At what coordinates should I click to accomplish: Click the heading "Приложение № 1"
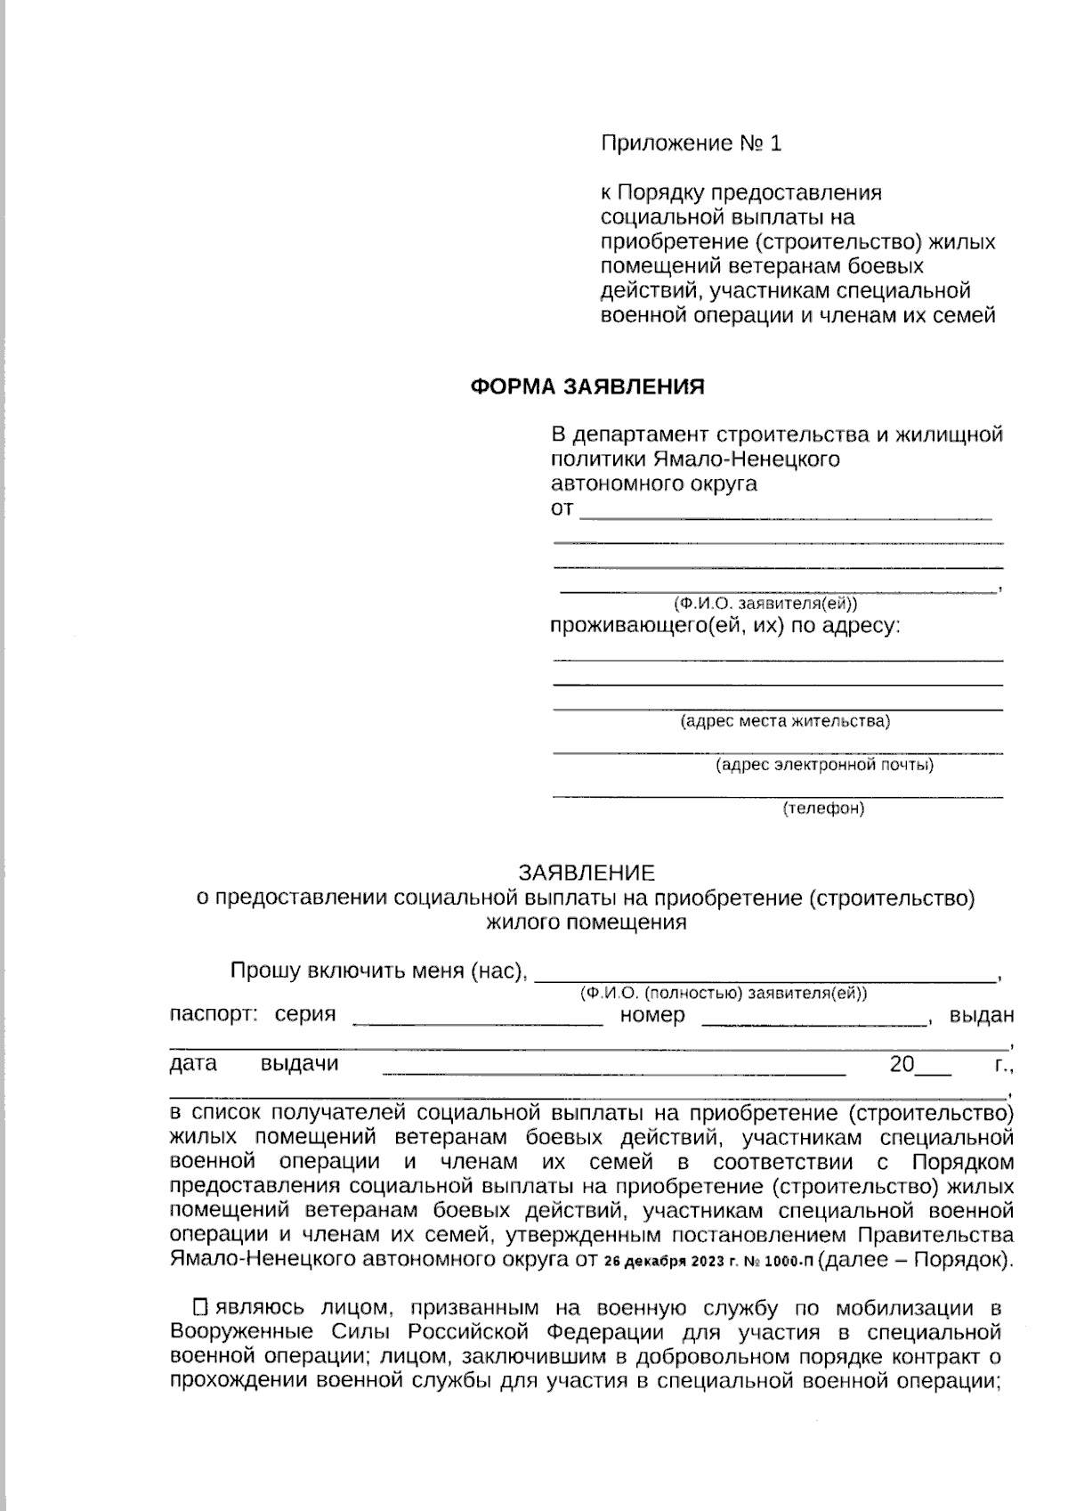pyautogui.click(x=691, y=143)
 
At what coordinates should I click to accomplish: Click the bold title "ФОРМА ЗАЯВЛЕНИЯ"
pyautogui.click(x=587, y=386)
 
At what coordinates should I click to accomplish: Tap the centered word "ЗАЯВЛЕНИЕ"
pyautogui.click(x=587, y=872)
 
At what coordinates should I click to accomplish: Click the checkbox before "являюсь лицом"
pyautogui.click(x=200, y=1307)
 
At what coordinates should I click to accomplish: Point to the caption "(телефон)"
pyautogui.click(x=823, y=808)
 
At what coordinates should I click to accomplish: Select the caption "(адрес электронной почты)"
pyautogui.click(x=824, y=764)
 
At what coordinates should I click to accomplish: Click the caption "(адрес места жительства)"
pyautogui.click(x=785, y=720)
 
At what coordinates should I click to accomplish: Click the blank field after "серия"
pyautogui.click(x=478, y=1020)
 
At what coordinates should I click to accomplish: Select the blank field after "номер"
pyautogui.click(x=814, y=1020)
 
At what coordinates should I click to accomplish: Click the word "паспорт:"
pyautogui.click(x=214, y=1014)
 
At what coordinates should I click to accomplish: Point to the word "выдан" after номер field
pyautogui.click(x=982, y=1014)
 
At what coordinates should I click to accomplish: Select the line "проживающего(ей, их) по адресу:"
pyautogui.click(x=725, y=626)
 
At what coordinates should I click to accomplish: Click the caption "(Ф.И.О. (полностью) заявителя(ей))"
pyautogui.click(x=723, y=993)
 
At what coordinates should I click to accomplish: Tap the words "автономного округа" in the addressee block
pyautogui.click(x=654, y=483)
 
